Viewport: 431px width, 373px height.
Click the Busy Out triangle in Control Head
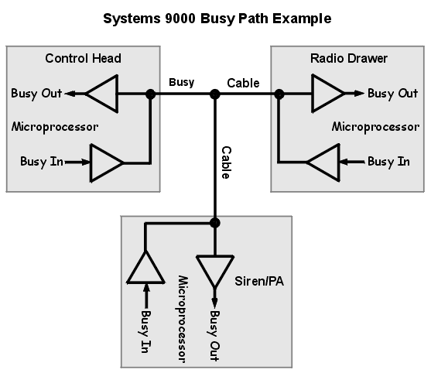pos(101,94)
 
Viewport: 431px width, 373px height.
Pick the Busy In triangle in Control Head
pos(106,162)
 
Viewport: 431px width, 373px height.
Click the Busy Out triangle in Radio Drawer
pos(327,94)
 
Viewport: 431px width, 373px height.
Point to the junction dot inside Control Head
pos(150,94)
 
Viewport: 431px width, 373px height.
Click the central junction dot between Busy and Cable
pos(215,94)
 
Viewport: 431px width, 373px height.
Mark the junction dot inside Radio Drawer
pos(279,94)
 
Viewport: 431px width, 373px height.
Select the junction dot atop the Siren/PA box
pos(215,223)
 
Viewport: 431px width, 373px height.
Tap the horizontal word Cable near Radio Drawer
pos(243,81)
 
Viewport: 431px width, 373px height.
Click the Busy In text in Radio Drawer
pos(388,162)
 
